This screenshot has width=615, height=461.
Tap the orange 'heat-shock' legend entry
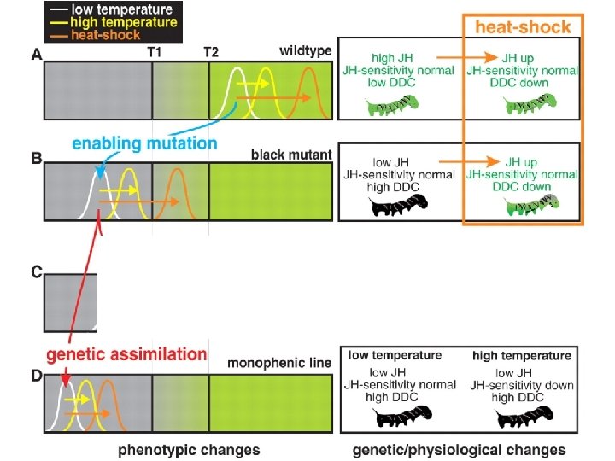coord(83,34)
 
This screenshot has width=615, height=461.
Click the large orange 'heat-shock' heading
coord(523,27)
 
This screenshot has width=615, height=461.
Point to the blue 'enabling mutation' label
coord(144,143)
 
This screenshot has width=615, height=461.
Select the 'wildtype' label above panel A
coord(305,51)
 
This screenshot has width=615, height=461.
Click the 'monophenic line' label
coord(279,363)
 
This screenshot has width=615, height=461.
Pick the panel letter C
coord(36,273)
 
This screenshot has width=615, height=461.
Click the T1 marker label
coord(156,51)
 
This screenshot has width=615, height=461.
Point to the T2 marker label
coord(211,51)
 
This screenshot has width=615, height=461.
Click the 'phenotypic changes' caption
coord(189,449)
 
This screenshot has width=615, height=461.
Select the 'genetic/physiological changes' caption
coord(459,449)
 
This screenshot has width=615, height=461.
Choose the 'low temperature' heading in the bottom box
coord(395,355)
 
